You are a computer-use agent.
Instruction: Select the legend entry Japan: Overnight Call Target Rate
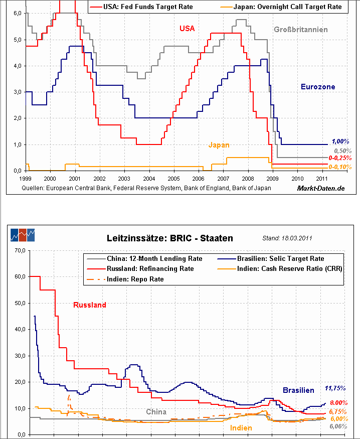[287, 7]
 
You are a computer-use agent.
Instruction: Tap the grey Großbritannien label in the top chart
[300, 30]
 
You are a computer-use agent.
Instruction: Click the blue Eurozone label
[318, 87]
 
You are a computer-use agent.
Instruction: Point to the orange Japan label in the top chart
[219, 145]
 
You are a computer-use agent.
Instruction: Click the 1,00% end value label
[340, 141]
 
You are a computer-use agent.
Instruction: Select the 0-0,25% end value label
[339, 158]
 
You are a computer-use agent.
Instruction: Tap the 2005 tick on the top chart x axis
[173, 178]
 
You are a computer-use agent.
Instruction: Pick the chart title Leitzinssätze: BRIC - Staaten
[170, 238]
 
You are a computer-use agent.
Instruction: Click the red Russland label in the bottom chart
[90, 305]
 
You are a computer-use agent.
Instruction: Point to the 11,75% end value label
[335, 388]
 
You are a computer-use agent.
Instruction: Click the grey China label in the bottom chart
[156, 412]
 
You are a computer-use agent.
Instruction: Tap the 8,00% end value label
[339, 403]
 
